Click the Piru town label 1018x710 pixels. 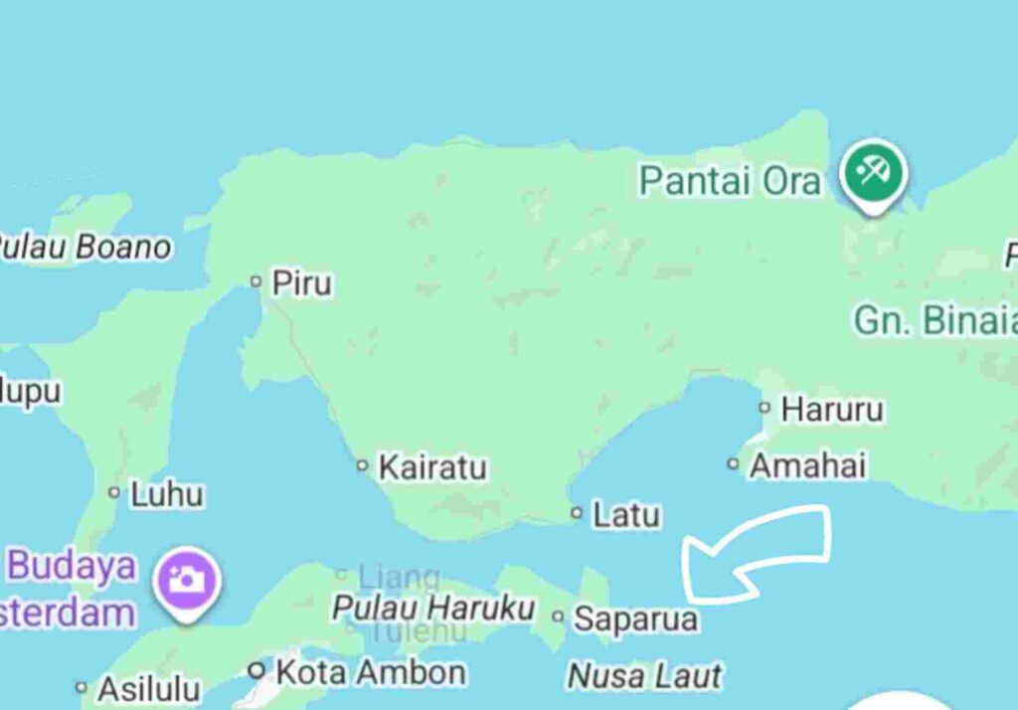(x=302, y=284)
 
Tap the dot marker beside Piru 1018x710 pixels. (x=255, y=282)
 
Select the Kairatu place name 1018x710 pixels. (x=432, y=466)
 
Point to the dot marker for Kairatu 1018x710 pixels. (x=363, y=465)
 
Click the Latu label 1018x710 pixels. (x=626, y=515)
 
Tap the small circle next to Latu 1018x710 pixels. (x=577, y=513)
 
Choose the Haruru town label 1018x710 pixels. (x=832, y=409)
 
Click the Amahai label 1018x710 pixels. (x=807, y=465)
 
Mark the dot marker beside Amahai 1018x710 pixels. (x=734, y=463)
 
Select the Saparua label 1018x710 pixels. (x=636, y=620)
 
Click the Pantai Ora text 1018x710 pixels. (x=730, y=182)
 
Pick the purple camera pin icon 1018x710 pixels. (x=185, y=579)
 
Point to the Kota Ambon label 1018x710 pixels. (x=370, y=672)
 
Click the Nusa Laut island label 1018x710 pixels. (x=644, y=676)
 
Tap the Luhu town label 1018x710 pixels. (x=167, y=494)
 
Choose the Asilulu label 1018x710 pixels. (x=149, y=688)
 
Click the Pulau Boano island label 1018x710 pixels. (x=84, y=247)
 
